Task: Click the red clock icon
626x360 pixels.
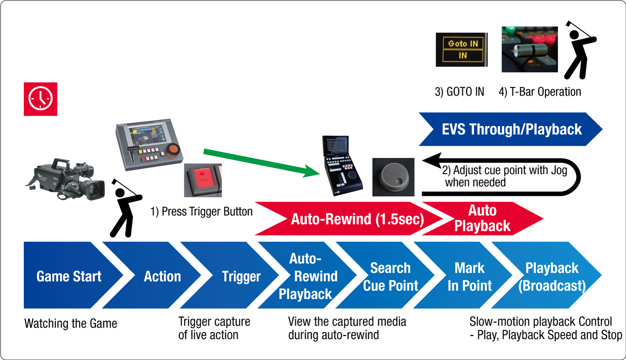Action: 40,99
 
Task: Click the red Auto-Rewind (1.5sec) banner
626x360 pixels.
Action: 351,219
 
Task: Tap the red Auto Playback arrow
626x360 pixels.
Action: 484,218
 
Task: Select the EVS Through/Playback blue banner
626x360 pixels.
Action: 511,129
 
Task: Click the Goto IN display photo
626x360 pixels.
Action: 462,50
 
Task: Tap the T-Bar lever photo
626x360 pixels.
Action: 530,50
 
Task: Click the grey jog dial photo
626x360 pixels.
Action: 393,177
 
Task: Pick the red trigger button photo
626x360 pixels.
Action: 203,180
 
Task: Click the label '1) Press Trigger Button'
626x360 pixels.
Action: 202,211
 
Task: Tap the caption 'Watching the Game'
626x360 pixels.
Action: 71,323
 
